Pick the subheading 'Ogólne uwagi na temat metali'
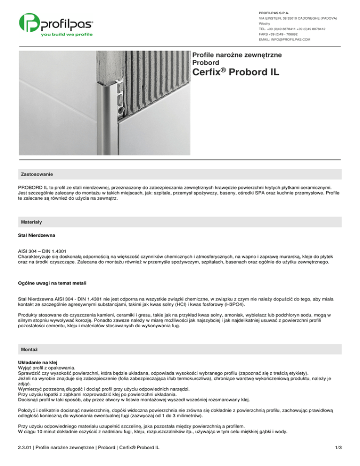pos(55,284)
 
